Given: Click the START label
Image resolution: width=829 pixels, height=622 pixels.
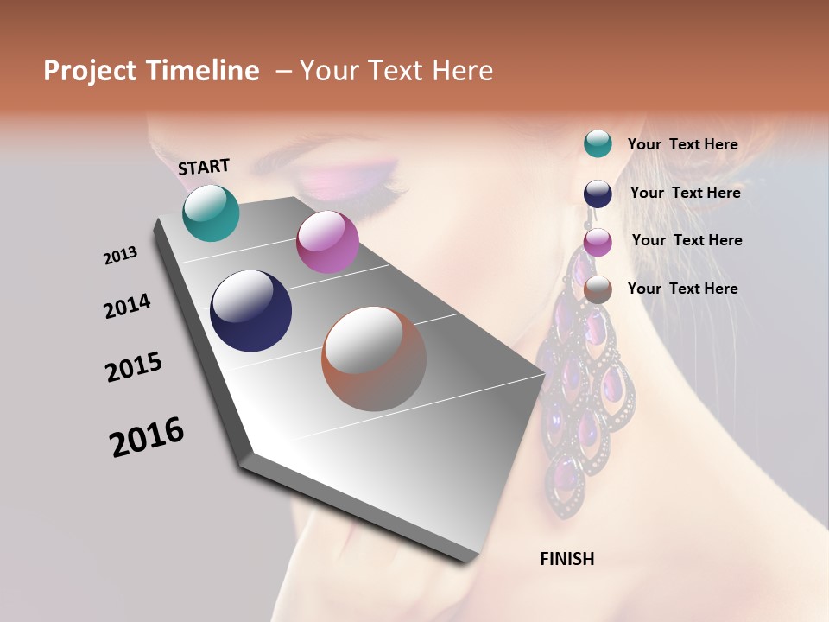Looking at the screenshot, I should click(204, 166).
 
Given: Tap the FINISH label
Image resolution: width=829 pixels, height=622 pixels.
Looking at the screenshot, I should click(566, 559).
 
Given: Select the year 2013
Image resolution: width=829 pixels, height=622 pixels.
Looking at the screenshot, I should click(120, 256).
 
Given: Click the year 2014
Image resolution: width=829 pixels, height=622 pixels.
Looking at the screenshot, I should click(127, 306).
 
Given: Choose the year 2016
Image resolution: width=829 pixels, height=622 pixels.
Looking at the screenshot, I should click(147, 436).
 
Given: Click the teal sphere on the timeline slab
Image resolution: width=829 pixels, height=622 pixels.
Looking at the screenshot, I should click(211, 213).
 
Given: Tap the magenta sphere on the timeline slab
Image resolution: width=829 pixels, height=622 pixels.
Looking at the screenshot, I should click(327, 242).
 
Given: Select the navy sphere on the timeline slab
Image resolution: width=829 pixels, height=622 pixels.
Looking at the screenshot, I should click(250, 311).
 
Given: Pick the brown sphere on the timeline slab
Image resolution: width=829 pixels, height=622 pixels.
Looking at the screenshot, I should click(374, 359).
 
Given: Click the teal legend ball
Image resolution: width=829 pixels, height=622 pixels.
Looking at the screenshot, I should click(598, 143).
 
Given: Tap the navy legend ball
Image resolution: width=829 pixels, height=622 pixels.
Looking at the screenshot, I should click(598, 194).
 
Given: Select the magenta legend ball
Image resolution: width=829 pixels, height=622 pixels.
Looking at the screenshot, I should click(598, 242).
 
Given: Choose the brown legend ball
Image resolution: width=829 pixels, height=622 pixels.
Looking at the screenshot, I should click(598, 289).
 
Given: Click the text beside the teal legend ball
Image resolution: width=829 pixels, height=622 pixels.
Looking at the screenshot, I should click(682, 144).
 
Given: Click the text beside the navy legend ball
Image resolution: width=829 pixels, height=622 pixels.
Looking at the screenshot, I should click(685, 193).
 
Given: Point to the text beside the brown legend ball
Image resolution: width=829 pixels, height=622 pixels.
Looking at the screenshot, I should click(682, 289).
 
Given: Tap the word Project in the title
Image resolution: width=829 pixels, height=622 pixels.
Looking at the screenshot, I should click(90, 71).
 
